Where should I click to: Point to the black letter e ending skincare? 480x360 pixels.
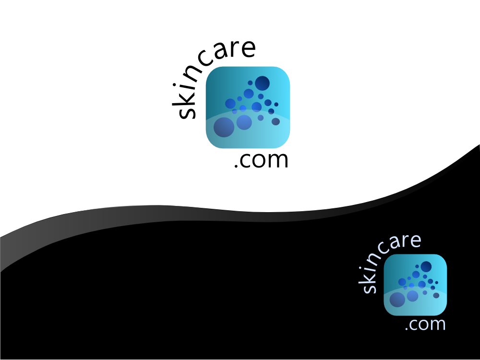[248, 49]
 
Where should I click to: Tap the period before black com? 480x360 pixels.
[236, 166]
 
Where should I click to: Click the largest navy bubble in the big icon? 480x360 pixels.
[262, 83]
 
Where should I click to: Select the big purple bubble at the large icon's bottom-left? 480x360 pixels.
[224, 127]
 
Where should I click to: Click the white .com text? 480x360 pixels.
[425, 324]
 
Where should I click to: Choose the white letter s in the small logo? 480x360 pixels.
[369, 287]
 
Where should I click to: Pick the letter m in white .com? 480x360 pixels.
[438, 325]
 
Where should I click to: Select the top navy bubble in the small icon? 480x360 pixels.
[426, 267]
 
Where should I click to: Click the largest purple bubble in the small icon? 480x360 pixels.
[397, 300]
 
